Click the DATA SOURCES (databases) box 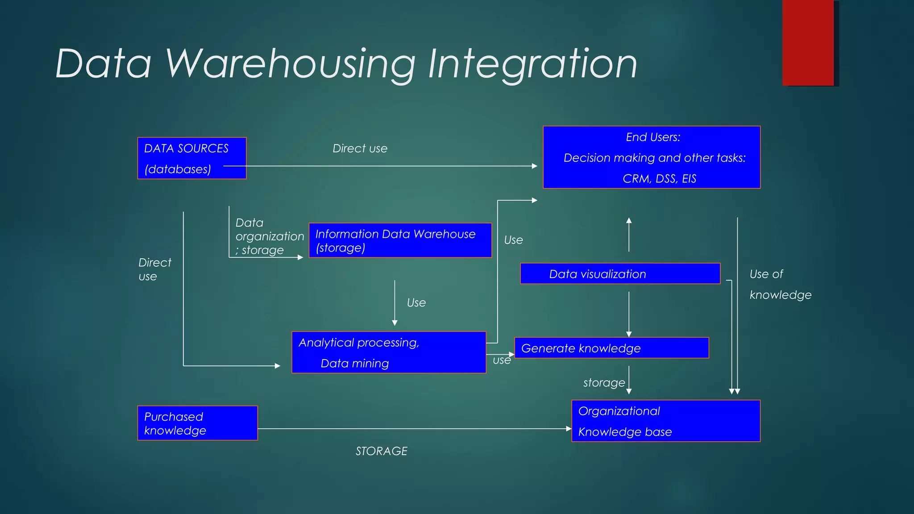click(191, 158)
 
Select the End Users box click(652, 157)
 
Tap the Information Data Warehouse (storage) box click(400, 240)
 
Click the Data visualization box click(620, 274)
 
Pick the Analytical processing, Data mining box click(388, 352)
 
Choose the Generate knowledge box click(611, 348)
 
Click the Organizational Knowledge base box click(666, 421)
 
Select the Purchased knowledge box click(197, 423)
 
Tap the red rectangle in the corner click(808, 42)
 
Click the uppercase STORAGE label click(382, 451)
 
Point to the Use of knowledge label click(780, 284)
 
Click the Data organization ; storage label click(269, 236)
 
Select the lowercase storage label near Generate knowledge click(604, 383)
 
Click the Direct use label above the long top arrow click(360, 149)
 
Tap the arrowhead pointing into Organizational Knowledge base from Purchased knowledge click(569, 429)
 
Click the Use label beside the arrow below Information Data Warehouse click(416, 303)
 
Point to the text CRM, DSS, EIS click(659, 178)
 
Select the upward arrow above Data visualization click(629, 234)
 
